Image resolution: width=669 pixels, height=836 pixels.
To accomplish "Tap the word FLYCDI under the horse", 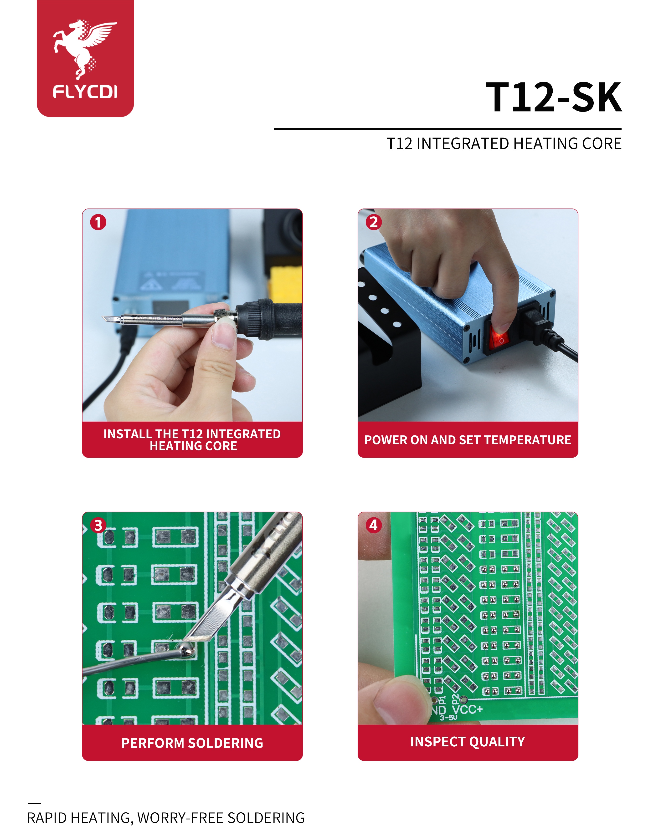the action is pos(85,92).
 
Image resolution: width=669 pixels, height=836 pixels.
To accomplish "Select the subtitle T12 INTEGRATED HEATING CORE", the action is pos(504,143).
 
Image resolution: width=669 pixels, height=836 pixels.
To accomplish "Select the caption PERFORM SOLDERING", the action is pos(192,743).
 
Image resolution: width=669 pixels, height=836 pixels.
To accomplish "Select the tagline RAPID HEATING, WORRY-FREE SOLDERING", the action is pos(166,818).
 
